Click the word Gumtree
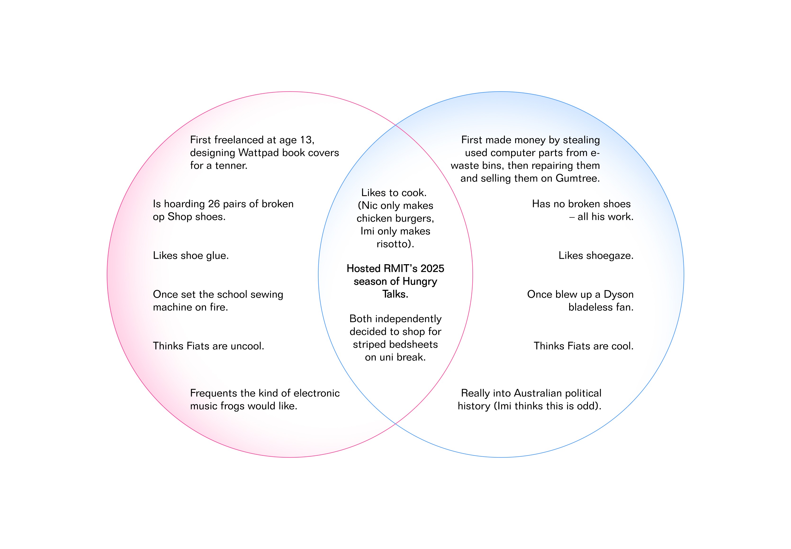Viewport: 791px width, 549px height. click(578, 178)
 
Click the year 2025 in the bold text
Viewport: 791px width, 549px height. click(432, 269)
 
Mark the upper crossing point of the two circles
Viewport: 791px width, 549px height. click(395, 125)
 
